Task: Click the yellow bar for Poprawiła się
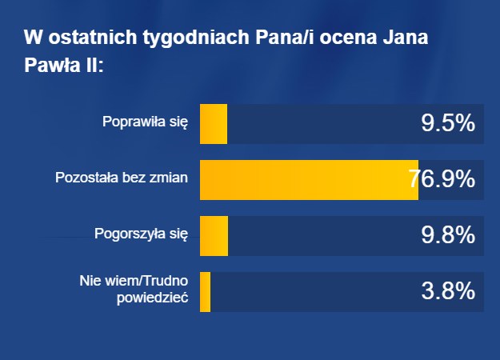point(213,124)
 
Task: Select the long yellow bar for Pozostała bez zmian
point(308,179)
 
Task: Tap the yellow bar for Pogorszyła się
point(214,235)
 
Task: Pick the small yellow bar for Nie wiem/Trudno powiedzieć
point(205,291)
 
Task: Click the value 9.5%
point(448,124)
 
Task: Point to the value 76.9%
point(442,179)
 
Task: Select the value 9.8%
point(448,235)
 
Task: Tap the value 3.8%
point(448,291)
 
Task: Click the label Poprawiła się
point(145,123)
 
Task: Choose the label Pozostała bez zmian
point(121,178)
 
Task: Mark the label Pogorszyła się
point(141,234)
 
